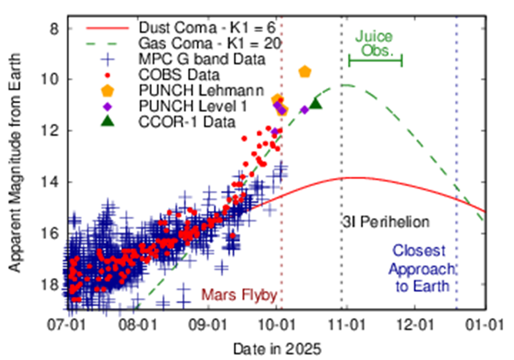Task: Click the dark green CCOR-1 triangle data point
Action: click(315, 102)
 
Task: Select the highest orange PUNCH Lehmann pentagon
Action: click(305, 71)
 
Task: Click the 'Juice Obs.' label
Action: click(375, 43)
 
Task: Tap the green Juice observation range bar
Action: click(375, 59)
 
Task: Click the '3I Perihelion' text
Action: click(386, 222)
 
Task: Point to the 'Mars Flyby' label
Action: click(239, 295)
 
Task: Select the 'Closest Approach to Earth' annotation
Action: click(423, 268)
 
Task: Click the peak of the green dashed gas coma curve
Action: click(344, 85)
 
